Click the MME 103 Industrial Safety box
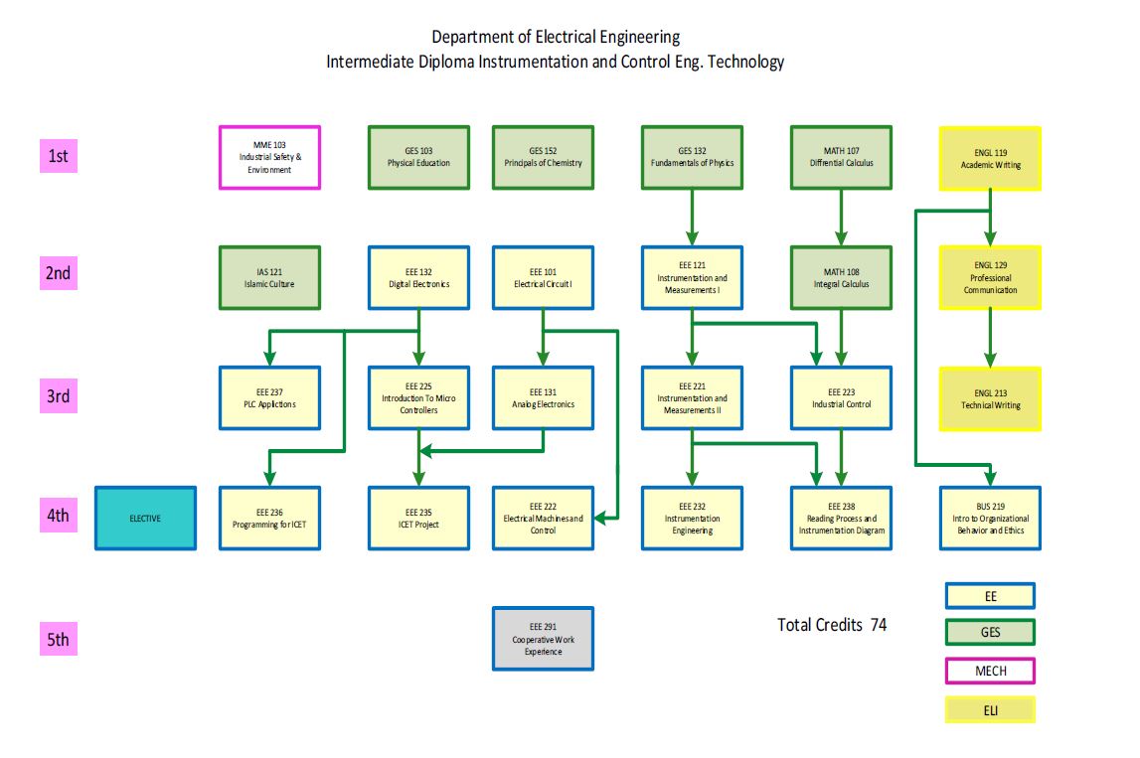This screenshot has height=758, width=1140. coord(269,157)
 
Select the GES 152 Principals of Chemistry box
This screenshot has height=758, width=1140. coord(543,157)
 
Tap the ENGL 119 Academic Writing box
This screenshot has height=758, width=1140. coord(990,158)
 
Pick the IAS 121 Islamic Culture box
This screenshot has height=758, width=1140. coord(269,277)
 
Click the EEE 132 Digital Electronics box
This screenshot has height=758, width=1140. coord(418,277)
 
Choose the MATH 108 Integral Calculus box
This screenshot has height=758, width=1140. coord(841,277)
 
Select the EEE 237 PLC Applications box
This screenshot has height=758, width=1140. coord(269,397)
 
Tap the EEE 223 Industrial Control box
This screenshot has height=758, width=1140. coord(841,397)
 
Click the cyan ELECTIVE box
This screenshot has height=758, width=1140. coord(145,518)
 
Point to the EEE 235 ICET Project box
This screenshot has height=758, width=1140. coord(418,518)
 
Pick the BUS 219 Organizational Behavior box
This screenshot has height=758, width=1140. coord(990,518)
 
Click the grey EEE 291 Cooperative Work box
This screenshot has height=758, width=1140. coord(543,639)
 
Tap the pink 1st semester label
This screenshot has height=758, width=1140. coord(59,156)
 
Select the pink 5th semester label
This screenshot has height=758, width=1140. coord(59,639)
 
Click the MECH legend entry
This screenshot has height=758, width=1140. coord(990,671)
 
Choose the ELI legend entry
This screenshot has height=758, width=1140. coord(990,709)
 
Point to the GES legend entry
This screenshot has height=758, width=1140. coord(990,632)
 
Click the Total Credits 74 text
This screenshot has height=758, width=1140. coord(832,625)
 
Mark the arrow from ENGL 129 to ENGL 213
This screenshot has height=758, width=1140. coord(990,338)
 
